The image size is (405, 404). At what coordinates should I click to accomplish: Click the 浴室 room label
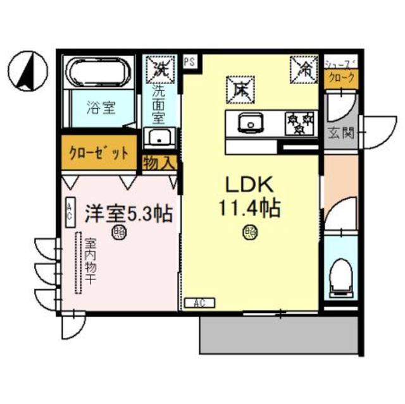click(x=101, y=107)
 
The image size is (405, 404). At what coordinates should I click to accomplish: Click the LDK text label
click(x=249, y=185)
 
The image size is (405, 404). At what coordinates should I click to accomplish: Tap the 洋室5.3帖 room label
click(x=130, y=214)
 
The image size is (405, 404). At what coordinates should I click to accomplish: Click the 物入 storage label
click(x=158, y=162)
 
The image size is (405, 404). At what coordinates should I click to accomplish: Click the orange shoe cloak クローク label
click(x=340, y=78)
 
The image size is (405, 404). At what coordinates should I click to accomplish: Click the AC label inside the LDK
click(x=200, y=302)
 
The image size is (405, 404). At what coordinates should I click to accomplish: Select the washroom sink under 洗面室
click(x=159, y=137)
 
